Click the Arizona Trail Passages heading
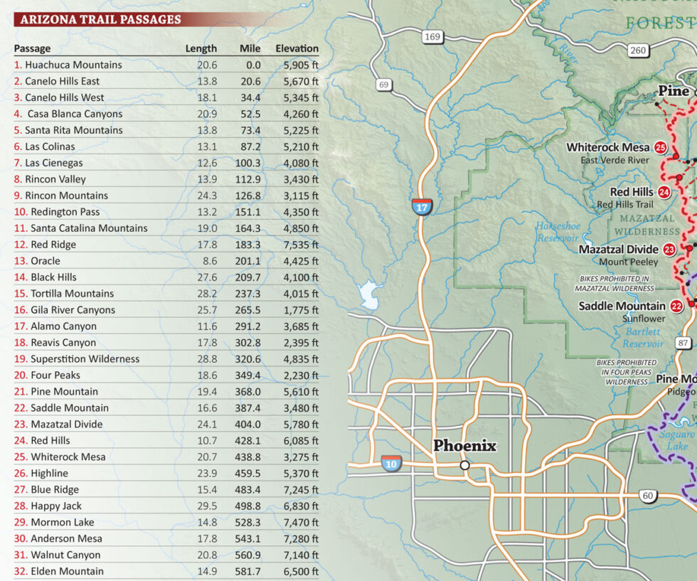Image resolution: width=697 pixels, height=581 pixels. (x=100, y=19)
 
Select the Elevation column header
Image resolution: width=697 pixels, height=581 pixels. (x=297, y=48)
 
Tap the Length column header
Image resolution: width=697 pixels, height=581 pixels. (x=201, y=48)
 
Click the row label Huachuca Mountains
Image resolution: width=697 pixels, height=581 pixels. (x=73, y=65)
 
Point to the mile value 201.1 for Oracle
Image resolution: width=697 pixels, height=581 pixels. (x=248, y=261)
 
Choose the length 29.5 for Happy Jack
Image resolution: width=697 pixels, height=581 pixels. (x=206, y=506)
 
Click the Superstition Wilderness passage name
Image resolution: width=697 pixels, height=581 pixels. (x=85, y=359)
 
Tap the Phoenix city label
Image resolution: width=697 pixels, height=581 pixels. (x=464, y=446)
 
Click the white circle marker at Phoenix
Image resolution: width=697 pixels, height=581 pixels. (x=464, y=465)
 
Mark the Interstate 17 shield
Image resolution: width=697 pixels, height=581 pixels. (x=422, y=207)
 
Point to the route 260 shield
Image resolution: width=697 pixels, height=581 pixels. (x=638, y=50)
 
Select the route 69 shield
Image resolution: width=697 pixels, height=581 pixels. (x=384, y=85)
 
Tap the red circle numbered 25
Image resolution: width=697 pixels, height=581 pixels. (x=661, y=148)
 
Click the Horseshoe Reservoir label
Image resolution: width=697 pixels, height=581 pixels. (x=558, y=232)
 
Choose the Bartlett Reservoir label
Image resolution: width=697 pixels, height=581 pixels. (x=643, y=337)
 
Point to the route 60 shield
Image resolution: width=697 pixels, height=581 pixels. (x=647, y=496)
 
